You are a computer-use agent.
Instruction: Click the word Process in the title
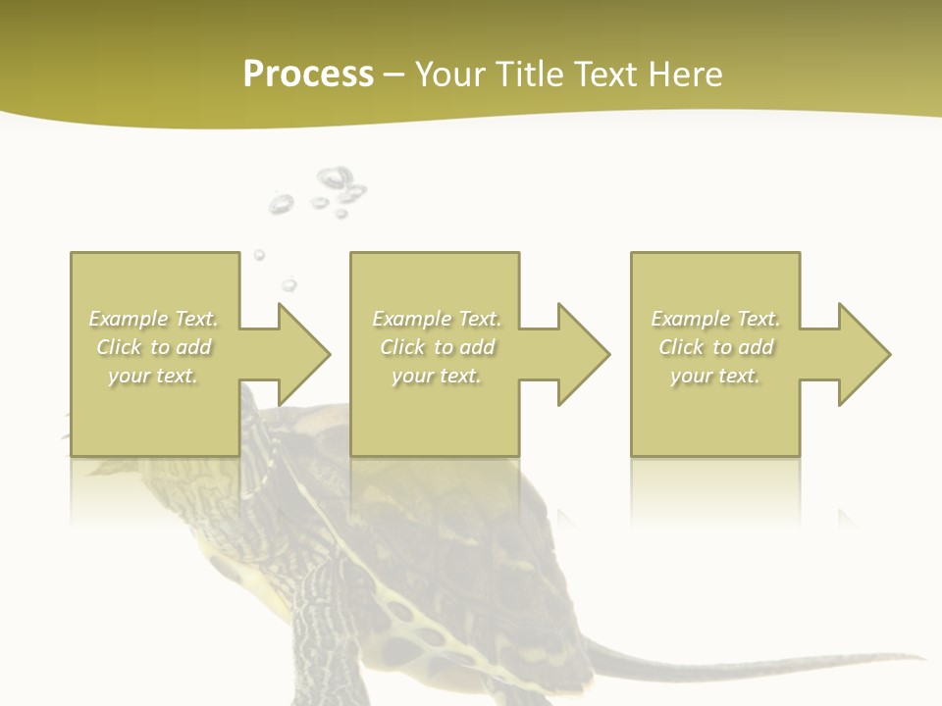tap(308, 75)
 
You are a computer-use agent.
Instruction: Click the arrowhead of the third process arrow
tap(863, 354)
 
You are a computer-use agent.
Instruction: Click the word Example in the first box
tap(129, 319)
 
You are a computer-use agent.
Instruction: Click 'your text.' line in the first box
tap(153, 376)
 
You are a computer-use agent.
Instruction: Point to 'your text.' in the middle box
tap(437, 376)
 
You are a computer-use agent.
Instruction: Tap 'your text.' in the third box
tap(715, 376)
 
